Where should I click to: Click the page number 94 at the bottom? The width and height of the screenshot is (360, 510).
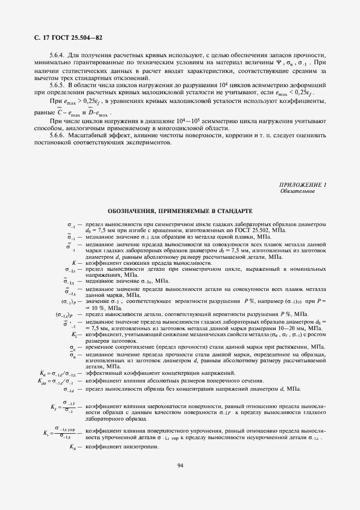point(180,465)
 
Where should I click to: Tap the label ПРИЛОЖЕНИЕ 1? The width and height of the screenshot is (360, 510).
point(302,186)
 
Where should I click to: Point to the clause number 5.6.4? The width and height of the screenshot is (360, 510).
point(57,56)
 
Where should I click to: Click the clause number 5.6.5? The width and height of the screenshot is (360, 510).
point(57,85)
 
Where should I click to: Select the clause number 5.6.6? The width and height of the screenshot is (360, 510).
point(57,135)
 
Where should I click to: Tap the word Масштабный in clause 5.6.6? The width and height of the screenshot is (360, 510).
point(86,135)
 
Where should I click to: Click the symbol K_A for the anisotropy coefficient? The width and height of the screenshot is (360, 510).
point(73,447)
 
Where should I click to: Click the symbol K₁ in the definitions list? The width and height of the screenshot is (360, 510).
point(75,334)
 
